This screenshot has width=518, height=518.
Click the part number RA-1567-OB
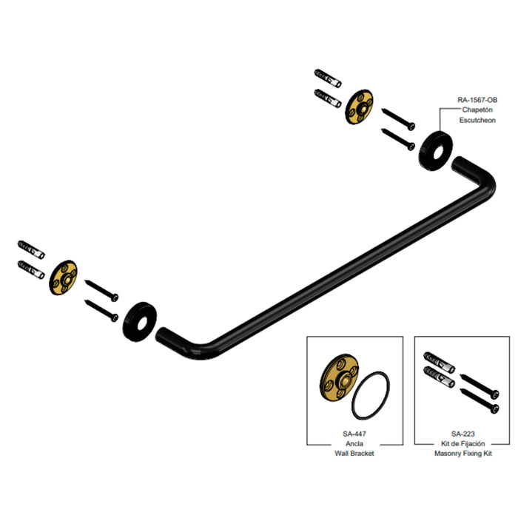(x=477, y=100)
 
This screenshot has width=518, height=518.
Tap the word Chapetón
(x=477, y=110)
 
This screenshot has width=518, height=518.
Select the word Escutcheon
(x=477, y=120)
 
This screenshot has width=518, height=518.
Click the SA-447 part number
(x=354, y=434)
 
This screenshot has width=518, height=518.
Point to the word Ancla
(x=354, y=444)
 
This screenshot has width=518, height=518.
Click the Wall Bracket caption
(x=354, y=454)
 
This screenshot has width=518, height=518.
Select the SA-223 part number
(x=462, y=434)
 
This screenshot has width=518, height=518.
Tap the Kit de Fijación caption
(x=462, y=444)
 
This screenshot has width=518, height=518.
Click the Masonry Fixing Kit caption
(x=462, y=454)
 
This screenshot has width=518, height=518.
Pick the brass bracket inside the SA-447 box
(x=339, y=377)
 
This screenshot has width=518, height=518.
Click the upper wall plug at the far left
(x=31, y=249)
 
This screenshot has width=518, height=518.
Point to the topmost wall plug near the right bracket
(x=328, y=78)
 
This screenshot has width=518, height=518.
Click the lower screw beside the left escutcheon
(x=101, y=310)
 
